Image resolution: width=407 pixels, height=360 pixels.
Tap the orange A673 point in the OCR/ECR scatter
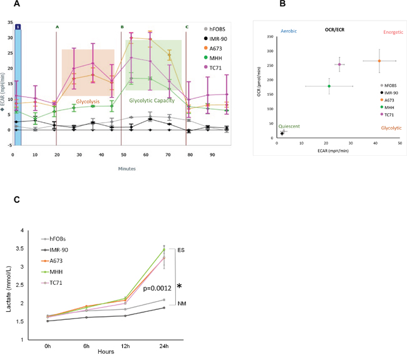pos(379,61)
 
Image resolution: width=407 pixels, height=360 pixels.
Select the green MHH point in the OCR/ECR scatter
pos(329,86)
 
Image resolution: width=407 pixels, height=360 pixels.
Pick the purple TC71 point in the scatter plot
pos(339,64)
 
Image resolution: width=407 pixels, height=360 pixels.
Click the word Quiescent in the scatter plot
pos(290,126)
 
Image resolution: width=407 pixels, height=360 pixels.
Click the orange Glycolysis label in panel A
pos(88,101)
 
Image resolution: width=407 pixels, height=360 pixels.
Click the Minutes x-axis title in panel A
pos(124,168)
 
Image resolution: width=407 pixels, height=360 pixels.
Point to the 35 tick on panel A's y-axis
pos(8,23)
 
